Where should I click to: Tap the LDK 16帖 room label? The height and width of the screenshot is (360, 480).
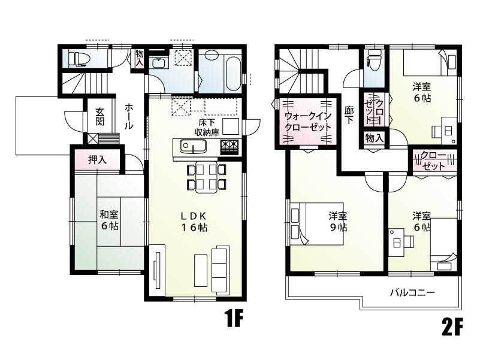pyautogui.click(x=195, y=222)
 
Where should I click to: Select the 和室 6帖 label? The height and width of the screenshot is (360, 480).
pyautogui.click(x=108, y=219)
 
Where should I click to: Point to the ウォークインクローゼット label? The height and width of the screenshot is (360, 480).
pyautogui.click(x=307, y=122)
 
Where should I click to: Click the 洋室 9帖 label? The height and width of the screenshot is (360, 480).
pyautogui.click(x=337, y=221)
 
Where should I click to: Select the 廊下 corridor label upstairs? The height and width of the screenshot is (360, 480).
pyautogui.click(x=349, y=116)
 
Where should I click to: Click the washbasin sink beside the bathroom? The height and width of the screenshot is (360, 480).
pyautogui.click(x=159, y=63)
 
